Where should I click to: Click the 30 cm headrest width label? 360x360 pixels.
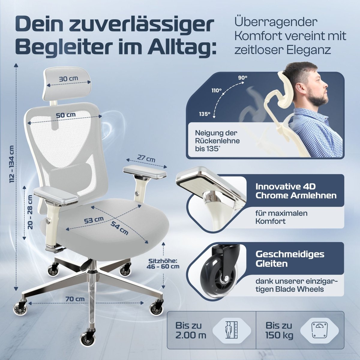68,79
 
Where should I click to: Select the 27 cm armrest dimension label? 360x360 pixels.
146,159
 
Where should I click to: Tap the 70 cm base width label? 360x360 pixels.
75,299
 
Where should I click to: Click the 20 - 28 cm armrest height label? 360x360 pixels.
30,212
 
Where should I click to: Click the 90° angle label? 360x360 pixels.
243,77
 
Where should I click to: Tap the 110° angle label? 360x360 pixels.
216,90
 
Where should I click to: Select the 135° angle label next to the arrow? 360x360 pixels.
205,114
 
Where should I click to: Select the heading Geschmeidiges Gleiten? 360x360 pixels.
289,259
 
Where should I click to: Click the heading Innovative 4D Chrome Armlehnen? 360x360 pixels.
295,191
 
